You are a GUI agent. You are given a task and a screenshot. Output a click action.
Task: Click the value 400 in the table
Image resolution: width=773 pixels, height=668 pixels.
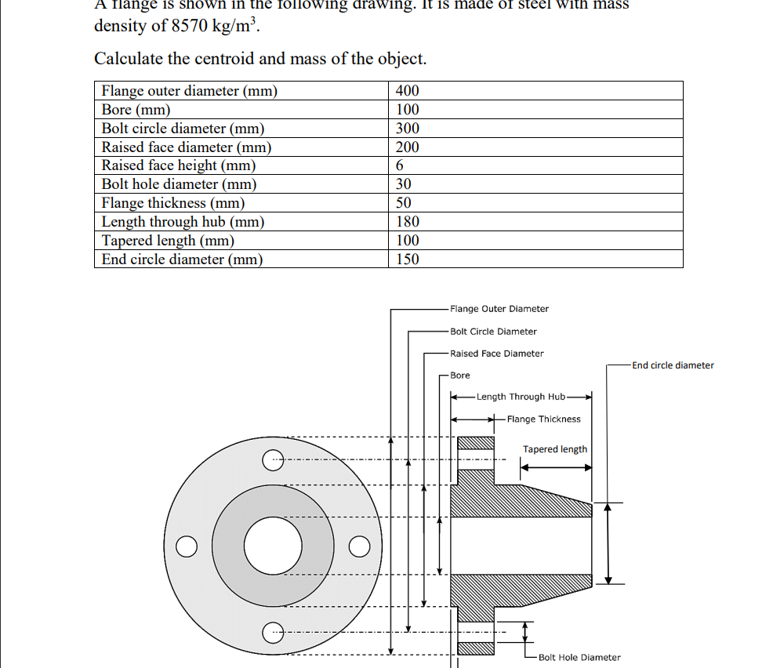coord(407,91)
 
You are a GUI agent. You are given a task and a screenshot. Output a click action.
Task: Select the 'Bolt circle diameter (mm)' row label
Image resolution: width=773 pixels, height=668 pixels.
coord(183,129)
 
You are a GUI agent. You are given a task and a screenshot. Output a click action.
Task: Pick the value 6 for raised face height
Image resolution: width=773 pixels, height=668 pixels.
coord(400,165)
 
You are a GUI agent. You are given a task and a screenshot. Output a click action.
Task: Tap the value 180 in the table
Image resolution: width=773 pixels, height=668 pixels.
coord(407,222)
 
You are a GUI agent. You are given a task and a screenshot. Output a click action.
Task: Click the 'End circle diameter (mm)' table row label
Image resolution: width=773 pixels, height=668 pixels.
coord(182,260)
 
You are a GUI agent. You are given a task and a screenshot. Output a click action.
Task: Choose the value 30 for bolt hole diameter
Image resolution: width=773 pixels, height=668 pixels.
coord(404,184)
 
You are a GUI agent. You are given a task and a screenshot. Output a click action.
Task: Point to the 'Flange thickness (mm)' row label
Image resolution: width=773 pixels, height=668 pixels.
coord(173,203)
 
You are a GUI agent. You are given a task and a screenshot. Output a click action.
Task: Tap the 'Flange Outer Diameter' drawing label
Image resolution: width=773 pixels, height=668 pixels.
coord(499,309)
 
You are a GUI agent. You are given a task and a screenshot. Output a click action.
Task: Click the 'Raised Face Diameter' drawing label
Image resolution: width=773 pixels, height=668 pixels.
coord(497,354)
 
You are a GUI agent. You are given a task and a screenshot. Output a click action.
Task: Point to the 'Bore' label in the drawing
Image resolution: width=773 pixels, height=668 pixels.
coord(460,376)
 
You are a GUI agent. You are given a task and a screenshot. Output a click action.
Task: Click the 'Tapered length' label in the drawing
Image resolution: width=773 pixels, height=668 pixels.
coord(555,449)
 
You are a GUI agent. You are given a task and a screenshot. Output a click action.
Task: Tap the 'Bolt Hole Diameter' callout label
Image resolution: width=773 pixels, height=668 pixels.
coord(579,657)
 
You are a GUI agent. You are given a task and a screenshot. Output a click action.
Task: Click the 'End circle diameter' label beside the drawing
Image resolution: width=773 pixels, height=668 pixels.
coord(673,365)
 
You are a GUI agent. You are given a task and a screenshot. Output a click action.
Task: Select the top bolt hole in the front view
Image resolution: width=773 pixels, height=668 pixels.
coord(272,459)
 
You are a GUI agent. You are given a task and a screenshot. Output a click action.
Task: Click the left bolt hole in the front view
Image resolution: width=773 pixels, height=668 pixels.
coord(187,546)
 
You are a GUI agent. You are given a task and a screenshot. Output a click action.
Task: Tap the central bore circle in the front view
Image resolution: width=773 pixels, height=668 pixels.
coord(273,546)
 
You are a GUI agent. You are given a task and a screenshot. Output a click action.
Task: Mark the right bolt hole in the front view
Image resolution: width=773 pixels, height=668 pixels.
coord(358,546)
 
